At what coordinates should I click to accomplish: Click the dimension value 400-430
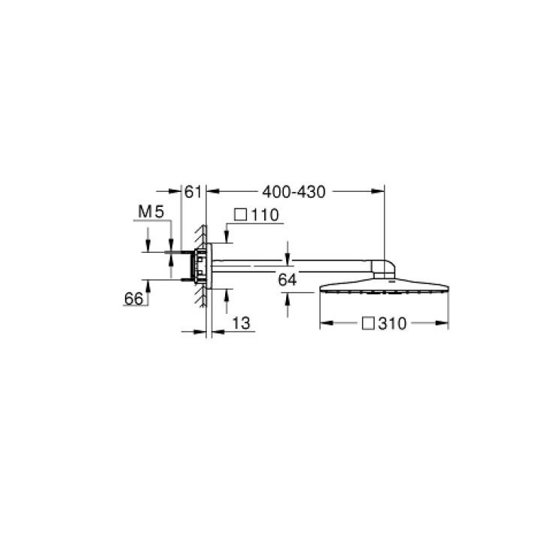pos(294,192)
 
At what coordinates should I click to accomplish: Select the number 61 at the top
pos(193,192)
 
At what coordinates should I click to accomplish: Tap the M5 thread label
pos(151,212)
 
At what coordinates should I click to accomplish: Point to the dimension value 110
pos(265,215)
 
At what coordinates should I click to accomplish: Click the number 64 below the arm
pos(288,279)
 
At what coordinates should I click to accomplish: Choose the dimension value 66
pos(133,299)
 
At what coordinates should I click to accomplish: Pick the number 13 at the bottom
pos(241,324)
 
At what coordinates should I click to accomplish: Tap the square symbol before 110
pos(241,215)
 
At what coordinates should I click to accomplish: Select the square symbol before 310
pos(368,324)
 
